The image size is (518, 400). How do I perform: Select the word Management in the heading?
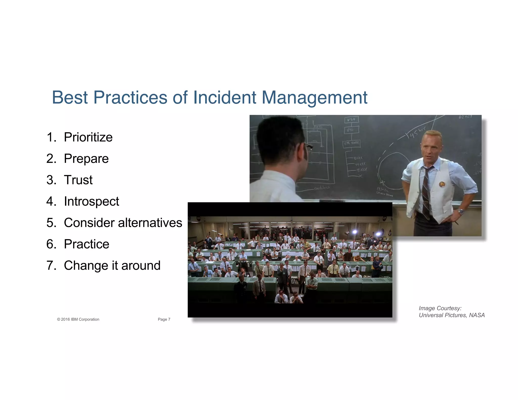[314, 98]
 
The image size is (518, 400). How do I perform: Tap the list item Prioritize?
[88, 137]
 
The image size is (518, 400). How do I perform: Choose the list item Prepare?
[86, 159]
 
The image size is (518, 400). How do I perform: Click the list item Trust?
[78, 180]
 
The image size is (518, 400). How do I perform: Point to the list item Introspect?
[91, 202]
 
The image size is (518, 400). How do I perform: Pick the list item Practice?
[87, 244]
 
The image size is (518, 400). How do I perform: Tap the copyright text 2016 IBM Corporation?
[78, 319]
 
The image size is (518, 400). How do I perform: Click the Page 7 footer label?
[164, 319]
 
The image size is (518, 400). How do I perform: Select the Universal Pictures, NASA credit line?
[451, 315]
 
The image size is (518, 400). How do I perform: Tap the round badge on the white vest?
[442, 184]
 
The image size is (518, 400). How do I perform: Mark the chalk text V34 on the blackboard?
[351, 119]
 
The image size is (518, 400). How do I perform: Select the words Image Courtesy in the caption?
[440, 308]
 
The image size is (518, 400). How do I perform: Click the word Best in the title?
[70, 97]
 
